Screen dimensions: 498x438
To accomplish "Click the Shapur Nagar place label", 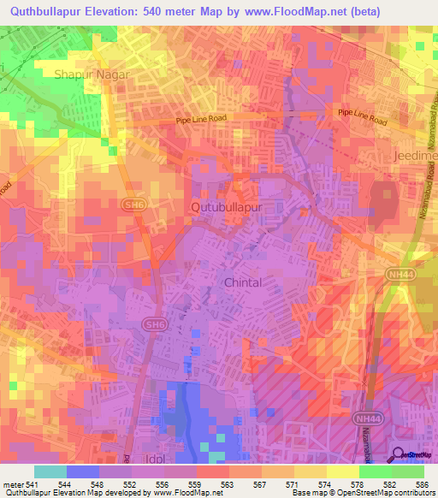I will pyautogui.click(x=92, y=74).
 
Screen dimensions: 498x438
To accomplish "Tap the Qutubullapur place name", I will pyautogui.click(x=226, y=207).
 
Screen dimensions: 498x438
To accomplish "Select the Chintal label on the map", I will pyautogui.click(x=242, y=282).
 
